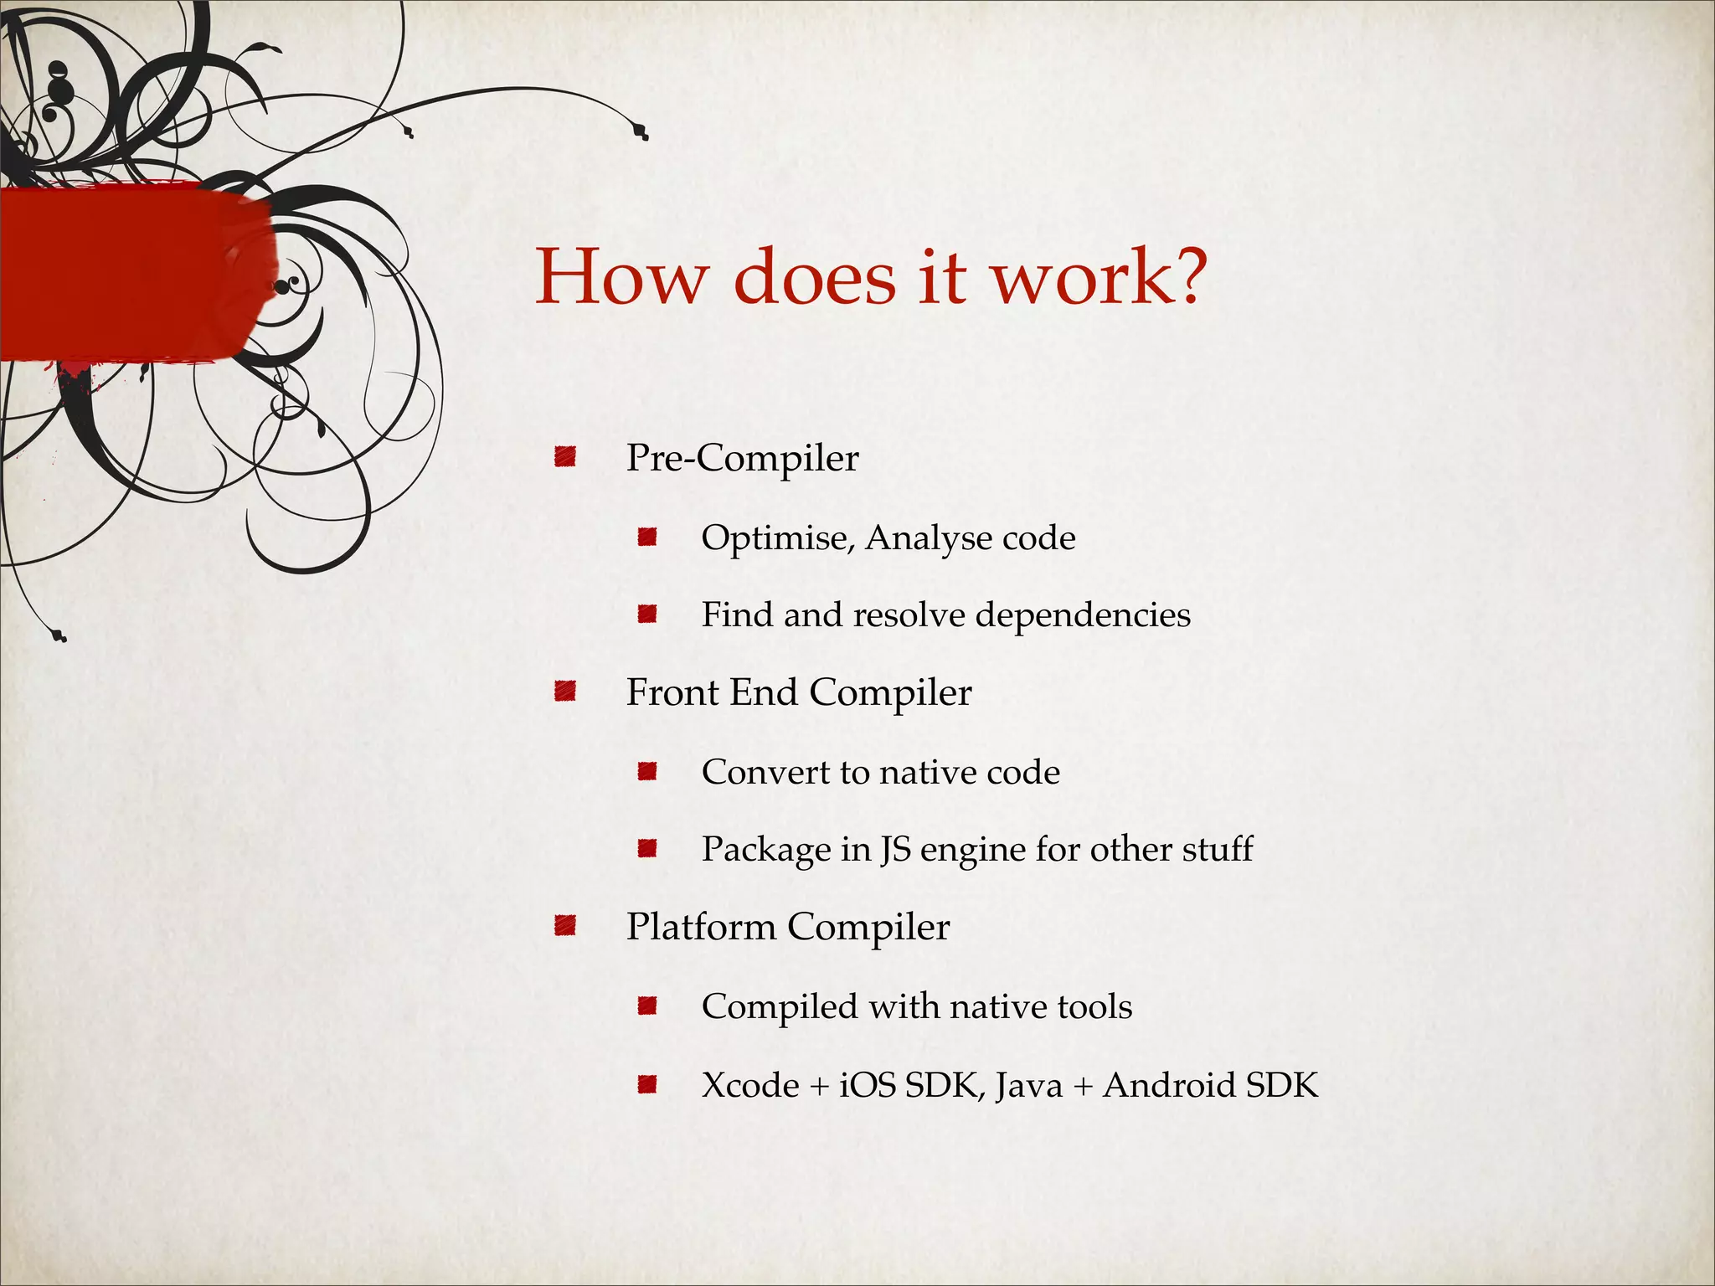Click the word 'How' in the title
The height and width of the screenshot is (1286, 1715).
621,277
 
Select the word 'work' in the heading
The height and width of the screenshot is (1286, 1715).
1075,277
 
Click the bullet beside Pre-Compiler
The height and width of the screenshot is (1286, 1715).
565,457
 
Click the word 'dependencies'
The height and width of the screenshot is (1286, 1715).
1083,615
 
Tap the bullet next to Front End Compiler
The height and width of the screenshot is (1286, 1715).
565,692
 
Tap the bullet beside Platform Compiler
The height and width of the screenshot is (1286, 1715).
565,926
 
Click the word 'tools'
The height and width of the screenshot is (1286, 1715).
1094,1006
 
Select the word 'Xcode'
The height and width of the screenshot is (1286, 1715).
750,1086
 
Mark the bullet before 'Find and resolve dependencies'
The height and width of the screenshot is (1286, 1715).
646,615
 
